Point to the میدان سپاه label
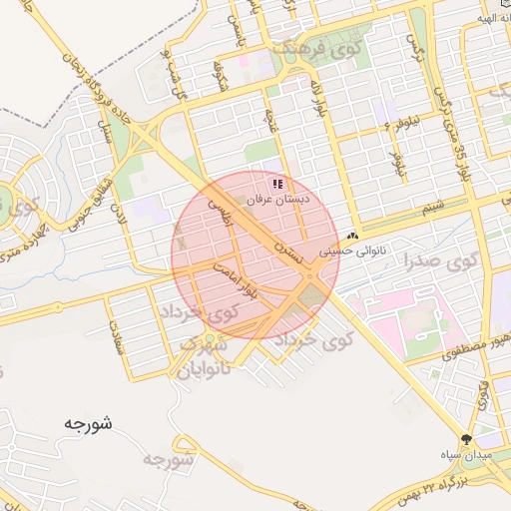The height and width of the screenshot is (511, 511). (x=466, y=455)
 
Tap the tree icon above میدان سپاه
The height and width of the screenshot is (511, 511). (x=466, y=439)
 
